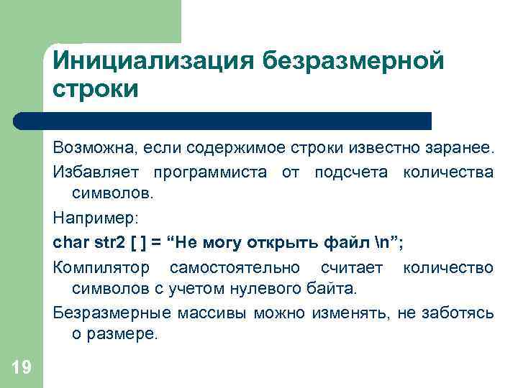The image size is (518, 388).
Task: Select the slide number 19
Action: [21, 369]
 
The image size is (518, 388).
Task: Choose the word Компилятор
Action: [101, 267]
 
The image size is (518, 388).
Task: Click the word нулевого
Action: [263, 290]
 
